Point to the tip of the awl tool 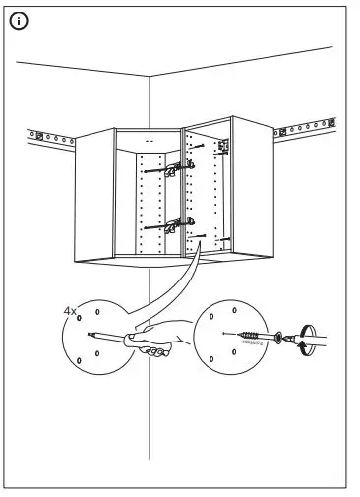coord(90,334)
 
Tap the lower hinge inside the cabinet coord(173,225)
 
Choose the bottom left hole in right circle coord(210,358)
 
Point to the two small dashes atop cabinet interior coord(149,142)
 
